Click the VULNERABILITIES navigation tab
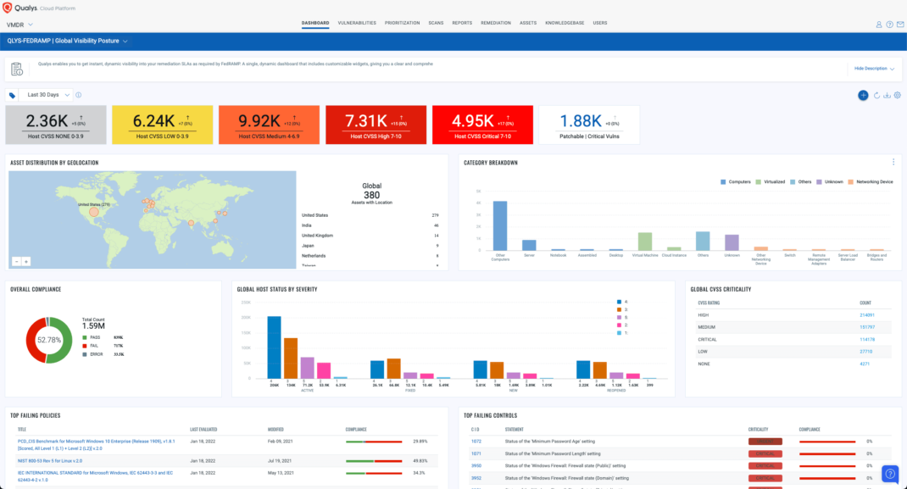pyautogui.click(x=356, y=23)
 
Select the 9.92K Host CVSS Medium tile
pyautogui.click(x=269, y=125)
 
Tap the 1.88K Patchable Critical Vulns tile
pyautogui.click(x=589, y=125)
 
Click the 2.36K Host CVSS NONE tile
pyautogui.click(x=56, y=125)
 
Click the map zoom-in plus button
pyautogui.click(x=26, y=262)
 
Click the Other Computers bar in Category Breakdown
pyautogui.click(x=500, y=225)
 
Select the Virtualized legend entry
pyautogui.click(x=771, y=181)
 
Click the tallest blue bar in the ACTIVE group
pyautogui.click(x=274, y=347)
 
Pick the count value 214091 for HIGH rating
pyautogui.click(x=865, y=314)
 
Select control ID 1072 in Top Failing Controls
pyautogui.click(x=476, y=441)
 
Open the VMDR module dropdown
pyautogui.click(x=19, y=25)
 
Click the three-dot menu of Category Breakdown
pyautogui.click(x=893, y=162)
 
